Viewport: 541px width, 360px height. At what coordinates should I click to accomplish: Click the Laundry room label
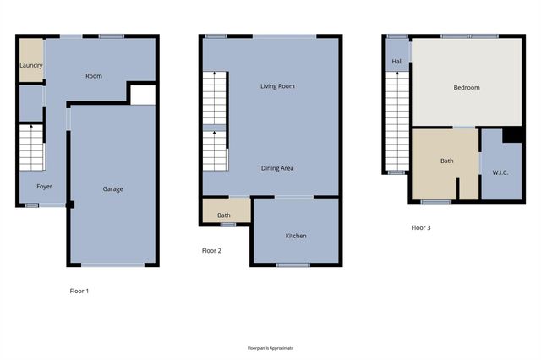(x=31, y=64)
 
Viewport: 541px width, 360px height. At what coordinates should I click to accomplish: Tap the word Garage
(x=112, y=188)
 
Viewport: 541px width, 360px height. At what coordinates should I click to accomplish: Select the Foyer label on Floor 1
(x=44, y=186)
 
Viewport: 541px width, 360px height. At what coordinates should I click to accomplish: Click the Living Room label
(x=276, y=86)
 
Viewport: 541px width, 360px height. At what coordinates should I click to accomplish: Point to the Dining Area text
(x=276, y=168)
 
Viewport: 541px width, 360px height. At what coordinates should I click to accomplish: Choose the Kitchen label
(x=295, y=235)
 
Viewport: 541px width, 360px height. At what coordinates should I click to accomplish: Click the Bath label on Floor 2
(x=224, y=215)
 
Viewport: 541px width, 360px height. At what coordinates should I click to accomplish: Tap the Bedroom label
(x=466, y=88)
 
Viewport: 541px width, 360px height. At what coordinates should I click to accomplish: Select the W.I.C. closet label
(x=500, y=174)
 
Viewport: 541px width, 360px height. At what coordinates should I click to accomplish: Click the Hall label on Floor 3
(x=396, y=61)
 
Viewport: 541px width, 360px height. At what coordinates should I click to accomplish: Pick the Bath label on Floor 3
(x=446, y=161)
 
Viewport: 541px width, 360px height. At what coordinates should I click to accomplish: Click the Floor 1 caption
(x=79, y=291)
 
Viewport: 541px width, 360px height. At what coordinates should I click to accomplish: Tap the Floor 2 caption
(x=211, y=250)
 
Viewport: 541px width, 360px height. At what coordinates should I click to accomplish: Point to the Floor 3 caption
(x=421, y=227)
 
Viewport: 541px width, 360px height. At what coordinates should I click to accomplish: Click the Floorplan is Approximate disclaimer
(x=270, y=347)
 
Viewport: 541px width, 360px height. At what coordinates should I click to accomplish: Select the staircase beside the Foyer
(x=32, y=147)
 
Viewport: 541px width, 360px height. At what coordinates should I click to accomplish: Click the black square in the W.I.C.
(x=511, y=135)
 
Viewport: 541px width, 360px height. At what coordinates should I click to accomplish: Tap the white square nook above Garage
(x=142, y=93)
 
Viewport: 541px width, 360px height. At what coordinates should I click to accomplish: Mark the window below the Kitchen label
(x=293, y=265)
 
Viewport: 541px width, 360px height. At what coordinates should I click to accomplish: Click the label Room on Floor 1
(x=94, y=76)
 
